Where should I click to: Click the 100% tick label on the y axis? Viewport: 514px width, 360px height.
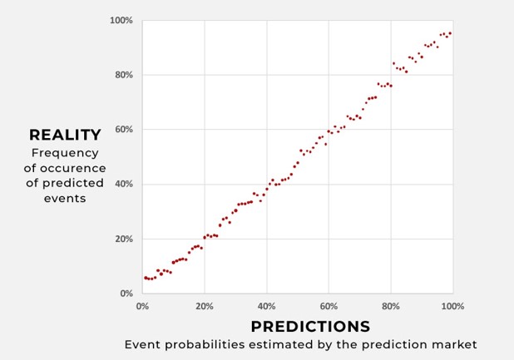point(122,20)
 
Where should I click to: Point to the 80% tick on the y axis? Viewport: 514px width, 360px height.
point(124,75)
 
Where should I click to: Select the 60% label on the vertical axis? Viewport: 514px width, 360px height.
point(124,130)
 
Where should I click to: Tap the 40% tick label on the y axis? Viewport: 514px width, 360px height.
point(124,184)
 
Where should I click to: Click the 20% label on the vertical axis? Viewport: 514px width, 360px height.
point(124,239)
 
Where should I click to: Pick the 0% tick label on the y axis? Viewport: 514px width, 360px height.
point(126,293)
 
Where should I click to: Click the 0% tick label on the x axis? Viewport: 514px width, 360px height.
point(142,306)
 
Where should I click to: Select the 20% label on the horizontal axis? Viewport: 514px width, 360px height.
point(205,306)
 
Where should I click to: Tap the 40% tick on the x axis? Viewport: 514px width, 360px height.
point(266,306)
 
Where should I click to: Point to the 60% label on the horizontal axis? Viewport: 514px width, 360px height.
point(329,306)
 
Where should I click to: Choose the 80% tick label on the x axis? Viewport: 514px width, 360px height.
point(391,306)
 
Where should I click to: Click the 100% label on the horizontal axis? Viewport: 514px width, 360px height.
point(452,306)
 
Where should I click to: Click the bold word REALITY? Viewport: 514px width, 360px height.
point(65,135)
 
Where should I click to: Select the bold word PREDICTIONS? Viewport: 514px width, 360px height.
point(310,327)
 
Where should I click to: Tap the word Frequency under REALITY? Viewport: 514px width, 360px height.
point(65,153)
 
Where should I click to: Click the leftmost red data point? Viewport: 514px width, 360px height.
point(145,278)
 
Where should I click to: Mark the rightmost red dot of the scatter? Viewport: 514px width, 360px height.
point(450,33)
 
